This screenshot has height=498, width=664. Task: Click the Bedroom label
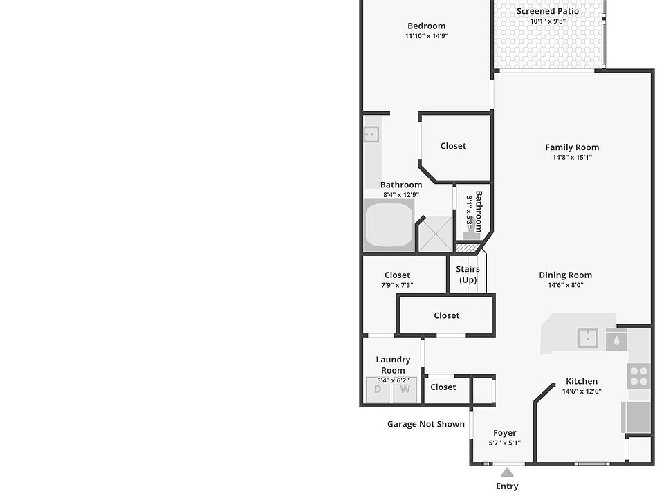(x=426, y=26)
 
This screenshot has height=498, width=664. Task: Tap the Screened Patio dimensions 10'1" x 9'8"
(x=548, y=21)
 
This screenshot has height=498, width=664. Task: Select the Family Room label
(x=572, y=147)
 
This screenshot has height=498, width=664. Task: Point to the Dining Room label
(x=565, y=275)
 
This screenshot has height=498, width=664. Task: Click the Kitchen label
(x=582, y=381)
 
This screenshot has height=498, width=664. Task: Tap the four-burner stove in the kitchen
(x=638, y=376)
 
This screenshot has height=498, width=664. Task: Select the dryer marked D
(x=378, y=389)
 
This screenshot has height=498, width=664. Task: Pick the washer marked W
(x=405, y=389)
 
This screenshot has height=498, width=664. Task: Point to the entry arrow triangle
(x=507, y=472)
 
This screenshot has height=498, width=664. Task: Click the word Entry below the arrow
(x=507, y=486)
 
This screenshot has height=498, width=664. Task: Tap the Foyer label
(x=505, y=433)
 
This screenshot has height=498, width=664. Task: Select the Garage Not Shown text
(x=425, y=424)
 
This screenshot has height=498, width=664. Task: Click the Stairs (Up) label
(x=468, y=275)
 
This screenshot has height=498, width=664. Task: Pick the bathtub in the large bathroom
(x=388, y=225)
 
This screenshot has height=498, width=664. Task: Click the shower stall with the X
(x=434, y=234)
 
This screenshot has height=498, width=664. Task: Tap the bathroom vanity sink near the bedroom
(x=371, y=134)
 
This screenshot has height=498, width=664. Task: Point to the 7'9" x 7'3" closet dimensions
(x=397, y=285)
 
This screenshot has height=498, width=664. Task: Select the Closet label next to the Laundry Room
(x=443, y=387)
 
